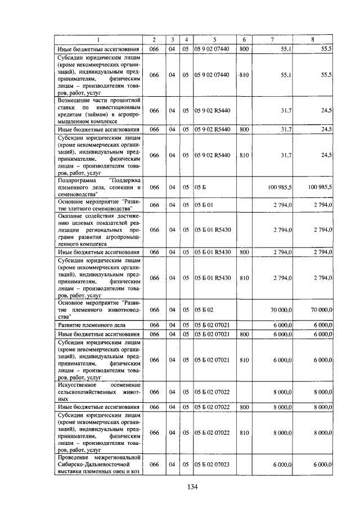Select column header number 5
coord(214,39)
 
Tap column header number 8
coord(313,39)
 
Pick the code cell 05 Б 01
coord(203,205)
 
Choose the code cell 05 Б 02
coord(203,310)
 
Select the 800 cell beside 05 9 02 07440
coord(244,49)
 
